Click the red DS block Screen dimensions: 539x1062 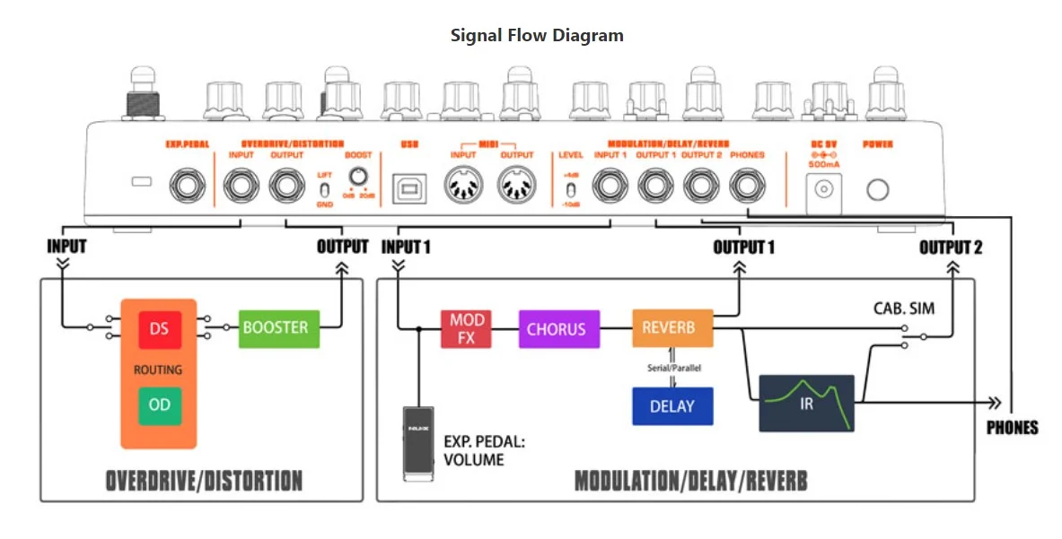(x=159, y=329)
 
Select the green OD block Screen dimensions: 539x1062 (x=159, y=404)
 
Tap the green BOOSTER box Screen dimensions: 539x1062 (x=275, y=328)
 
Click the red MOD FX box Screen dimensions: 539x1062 (x=467, y=329)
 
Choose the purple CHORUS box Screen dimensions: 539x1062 (x=556, y=329)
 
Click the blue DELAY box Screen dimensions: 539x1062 (x=671, y=406)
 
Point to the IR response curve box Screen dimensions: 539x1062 (x=806, y=403)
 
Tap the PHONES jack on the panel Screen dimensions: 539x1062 (x=747, y=187)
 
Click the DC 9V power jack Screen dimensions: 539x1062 (x=823, y=189)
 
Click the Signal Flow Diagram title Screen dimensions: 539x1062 (x=536, y=36)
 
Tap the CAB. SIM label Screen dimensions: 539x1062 (x=904, y=309)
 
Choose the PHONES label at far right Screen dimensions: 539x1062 (x=1012, y=428)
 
